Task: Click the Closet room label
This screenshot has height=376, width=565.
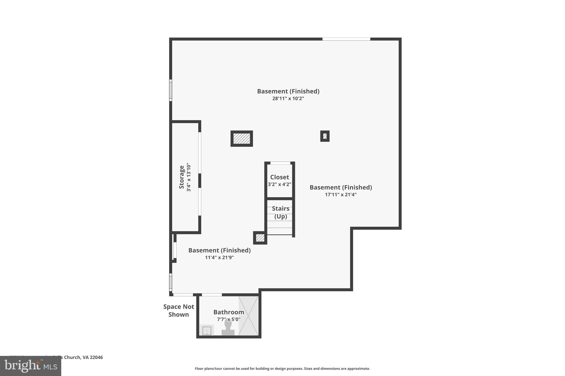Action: [279, 177]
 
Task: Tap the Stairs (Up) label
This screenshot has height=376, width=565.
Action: [281, 212]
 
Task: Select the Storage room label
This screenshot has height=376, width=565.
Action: [182, 177]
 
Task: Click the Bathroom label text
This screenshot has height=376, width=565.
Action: [229, 312]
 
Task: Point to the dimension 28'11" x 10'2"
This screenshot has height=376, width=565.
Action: [288, 98]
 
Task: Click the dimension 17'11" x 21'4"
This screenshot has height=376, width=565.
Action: [341, 194]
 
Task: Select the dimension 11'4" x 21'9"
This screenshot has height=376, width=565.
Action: [219, 258]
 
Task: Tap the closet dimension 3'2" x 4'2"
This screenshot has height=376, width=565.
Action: [279, 184]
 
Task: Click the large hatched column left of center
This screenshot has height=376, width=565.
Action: [242, 139]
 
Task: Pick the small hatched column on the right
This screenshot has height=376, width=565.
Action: [325, 136]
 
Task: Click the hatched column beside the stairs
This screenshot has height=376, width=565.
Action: [260, 238]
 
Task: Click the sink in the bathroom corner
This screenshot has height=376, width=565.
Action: [207, 331]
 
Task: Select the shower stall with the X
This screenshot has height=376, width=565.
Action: [249, 316]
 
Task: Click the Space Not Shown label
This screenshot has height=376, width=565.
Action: [178, 310]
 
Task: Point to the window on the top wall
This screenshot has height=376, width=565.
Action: [346, 39]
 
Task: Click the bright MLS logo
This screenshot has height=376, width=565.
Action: [30, 366]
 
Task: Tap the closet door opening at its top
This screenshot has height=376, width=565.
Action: [280, 163]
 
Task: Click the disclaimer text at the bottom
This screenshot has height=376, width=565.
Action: [282, 369]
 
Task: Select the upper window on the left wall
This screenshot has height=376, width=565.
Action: [170, 90]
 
